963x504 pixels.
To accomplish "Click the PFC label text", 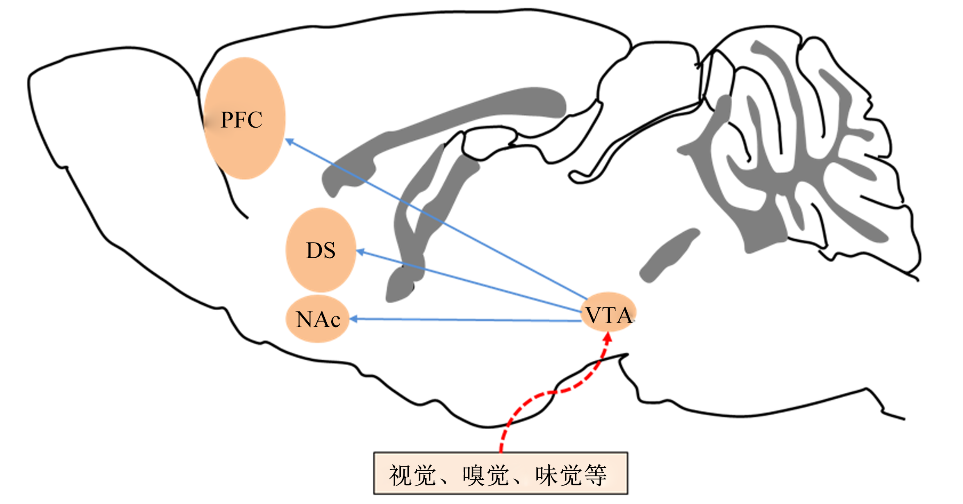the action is pos(241,120).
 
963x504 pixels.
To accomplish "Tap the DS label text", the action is pos(321,250).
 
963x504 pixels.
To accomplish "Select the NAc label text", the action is pos(318,319).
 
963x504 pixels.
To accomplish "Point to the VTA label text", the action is pos(609,315).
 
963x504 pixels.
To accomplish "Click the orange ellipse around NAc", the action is pos(317,319).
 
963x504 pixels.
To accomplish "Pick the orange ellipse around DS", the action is pos(321,250).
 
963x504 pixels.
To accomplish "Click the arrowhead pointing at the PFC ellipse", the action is pos(289,142).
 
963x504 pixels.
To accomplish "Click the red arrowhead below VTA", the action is pos(608,338).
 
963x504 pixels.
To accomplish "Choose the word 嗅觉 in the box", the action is pos(486,476).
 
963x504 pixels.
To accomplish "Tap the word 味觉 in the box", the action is pos(559,476).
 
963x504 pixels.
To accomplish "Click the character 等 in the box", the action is pos(595,476).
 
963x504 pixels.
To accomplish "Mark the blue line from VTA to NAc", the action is pos(466,320).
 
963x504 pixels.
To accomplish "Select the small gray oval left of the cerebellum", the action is pos(669,255).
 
